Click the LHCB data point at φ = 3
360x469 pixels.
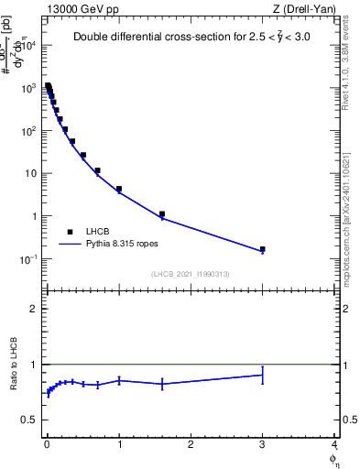[x=262, y=249]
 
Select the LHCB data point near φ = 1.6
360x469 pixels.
[x=162, y=214]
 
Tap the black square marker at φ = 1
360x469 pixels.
[x=119, y=189]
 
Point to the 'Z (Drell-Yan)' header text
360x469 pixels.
[x=305, y=8]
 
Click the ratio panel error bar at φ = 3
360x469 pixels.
[x=262, y=375]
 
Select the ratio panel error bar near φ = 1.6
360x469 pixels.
[x=162, y=384]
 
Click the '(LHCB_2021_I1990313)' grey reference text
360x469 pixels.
[x=191, y=274]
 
